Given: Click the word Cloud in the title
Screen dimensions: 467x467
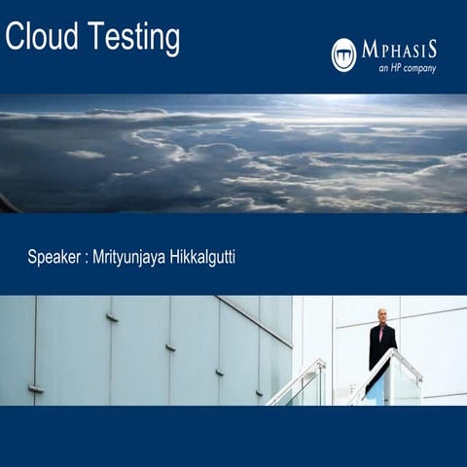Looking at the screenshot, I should [x=38, y=38].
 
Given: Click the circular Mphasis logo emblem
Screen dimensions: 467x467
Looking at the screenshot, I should [x=343, y=54].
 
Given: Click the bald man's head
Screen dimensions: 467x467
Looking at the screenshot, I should [x=382, y=315].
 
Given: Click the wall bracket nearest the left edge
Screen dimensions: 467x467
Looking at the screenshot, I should [x=36, y=389].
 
